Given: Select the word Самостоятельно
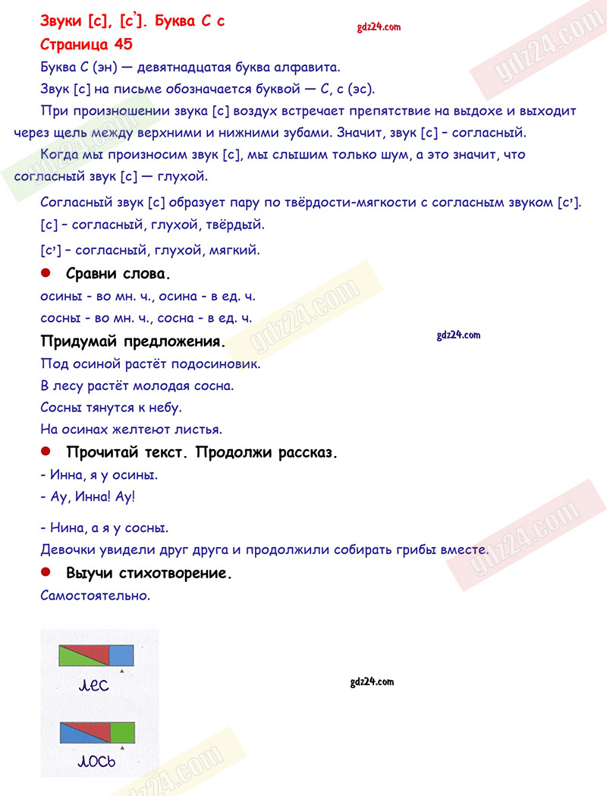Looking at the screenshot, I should [96, 596].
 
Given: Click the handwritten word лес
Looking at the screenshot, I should [94, 687].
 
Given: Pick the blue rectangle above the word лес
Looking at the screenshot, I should [121, 655].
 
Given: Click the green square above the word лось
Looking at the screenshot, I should [121, 732].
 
